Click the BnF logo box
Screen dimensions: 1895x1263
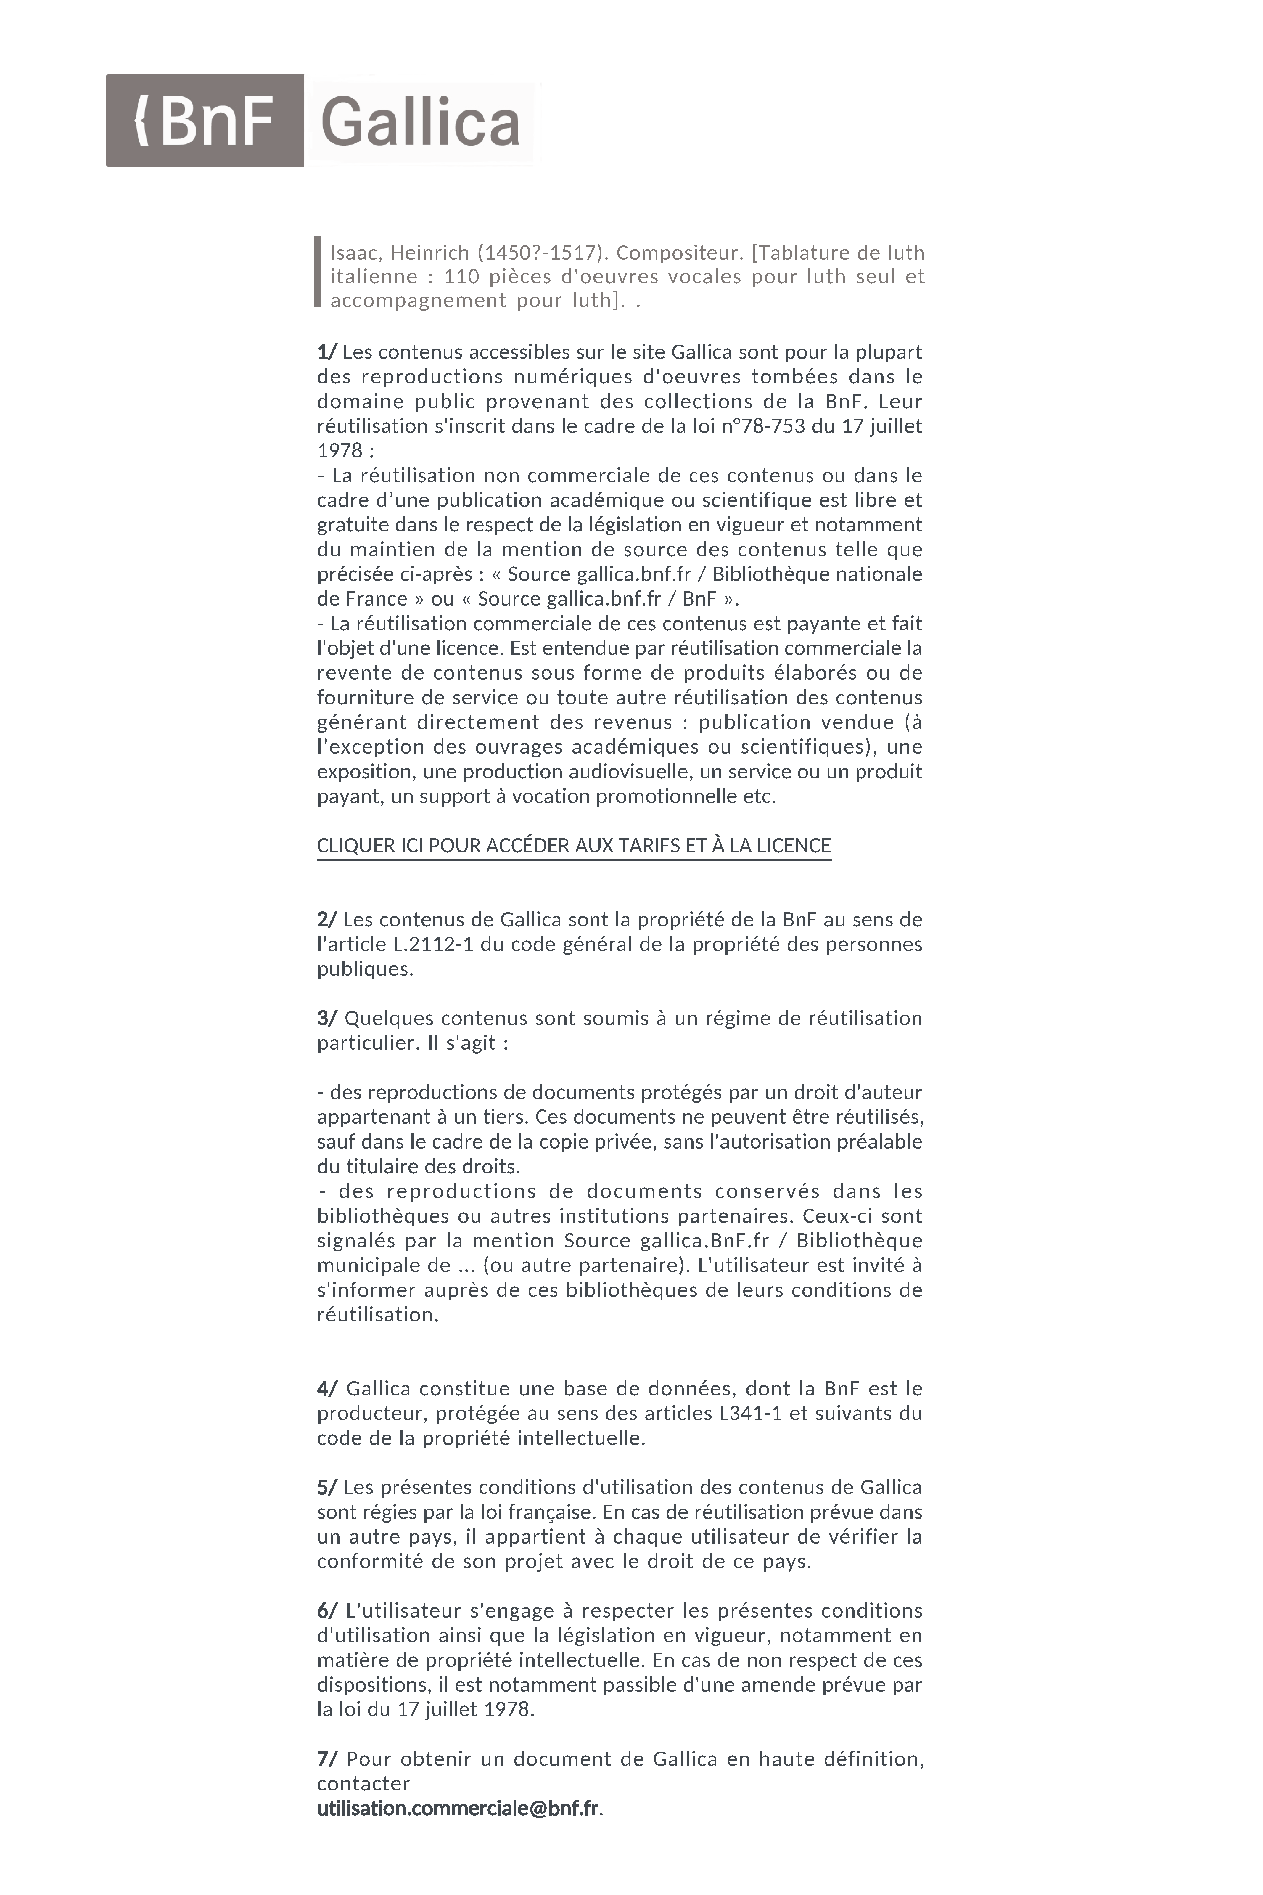pos(205,120)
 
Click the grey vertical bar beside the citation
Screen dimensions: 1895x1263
pos(317,272)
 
